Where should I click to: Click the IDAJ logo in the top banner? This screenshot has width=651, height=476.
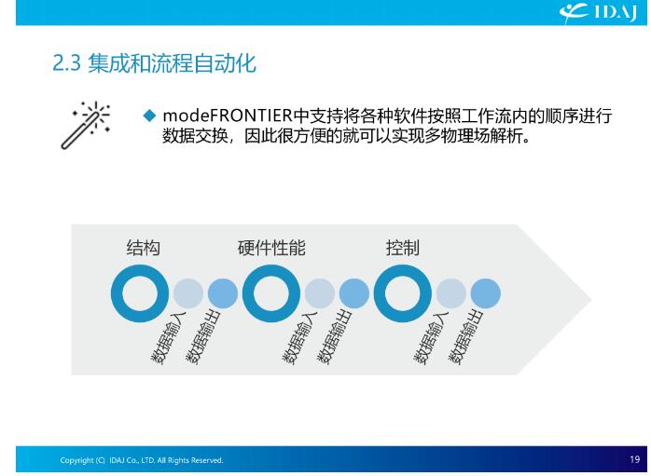pyautogui.click(x=598, y=12)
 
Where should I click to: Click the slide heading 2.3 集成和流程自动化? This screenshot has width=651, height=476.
pyautogui.click(x=155, y=63)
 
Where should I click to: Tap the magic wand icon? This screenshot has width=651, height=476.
pyautogui.click(x=86, y=125)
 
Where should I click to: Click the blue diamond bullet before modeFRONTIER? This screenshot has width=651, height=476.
pyautogui.click(x=149, y=116)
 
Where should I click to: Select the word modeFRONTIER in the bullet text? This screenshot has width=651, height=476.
pyautogui.click(x=228, y=116)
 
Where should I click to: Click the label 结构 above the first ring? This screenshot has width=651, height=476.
pyautogui.click(x=144, y=248)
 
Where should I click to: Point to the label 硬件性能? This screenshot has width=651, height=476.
pyautogui.click(x=271, y=248)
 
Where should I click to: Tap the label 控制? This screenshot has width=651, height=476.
pyautogui.click(x=402, y=248)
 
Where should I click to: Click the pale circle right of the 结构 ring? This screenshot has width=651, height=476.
pyautogui.click(x=188, y=293)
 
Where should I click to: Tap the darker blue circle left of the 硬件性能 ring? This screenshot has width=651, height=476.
pyautogui.click(x=223, y=293)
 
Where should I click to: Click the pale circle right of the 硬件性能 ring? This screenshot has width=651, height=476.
pyautogui.click(x=320, y=293)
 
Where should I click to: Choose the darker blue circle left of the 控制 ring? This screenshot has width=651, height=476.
pyautogui.click(x=354, y=293)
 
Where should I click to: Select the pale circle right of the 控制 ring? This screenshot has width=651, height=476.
pyautogui.click(x=451, y=293)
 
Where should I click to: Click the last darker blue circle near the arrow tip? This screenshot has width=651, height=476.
pyautogui.click(x=486, y=293)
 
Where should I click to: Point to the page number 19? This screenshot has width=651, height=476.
pyautogui.click(x=635, y=459)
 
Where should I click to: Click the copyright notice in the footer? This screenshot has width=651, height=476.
pyautogui.click(x=142, y=460)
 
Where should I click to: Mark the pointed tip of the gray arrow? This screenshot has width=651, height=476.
pyautogui.click(x=590, y=299)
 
